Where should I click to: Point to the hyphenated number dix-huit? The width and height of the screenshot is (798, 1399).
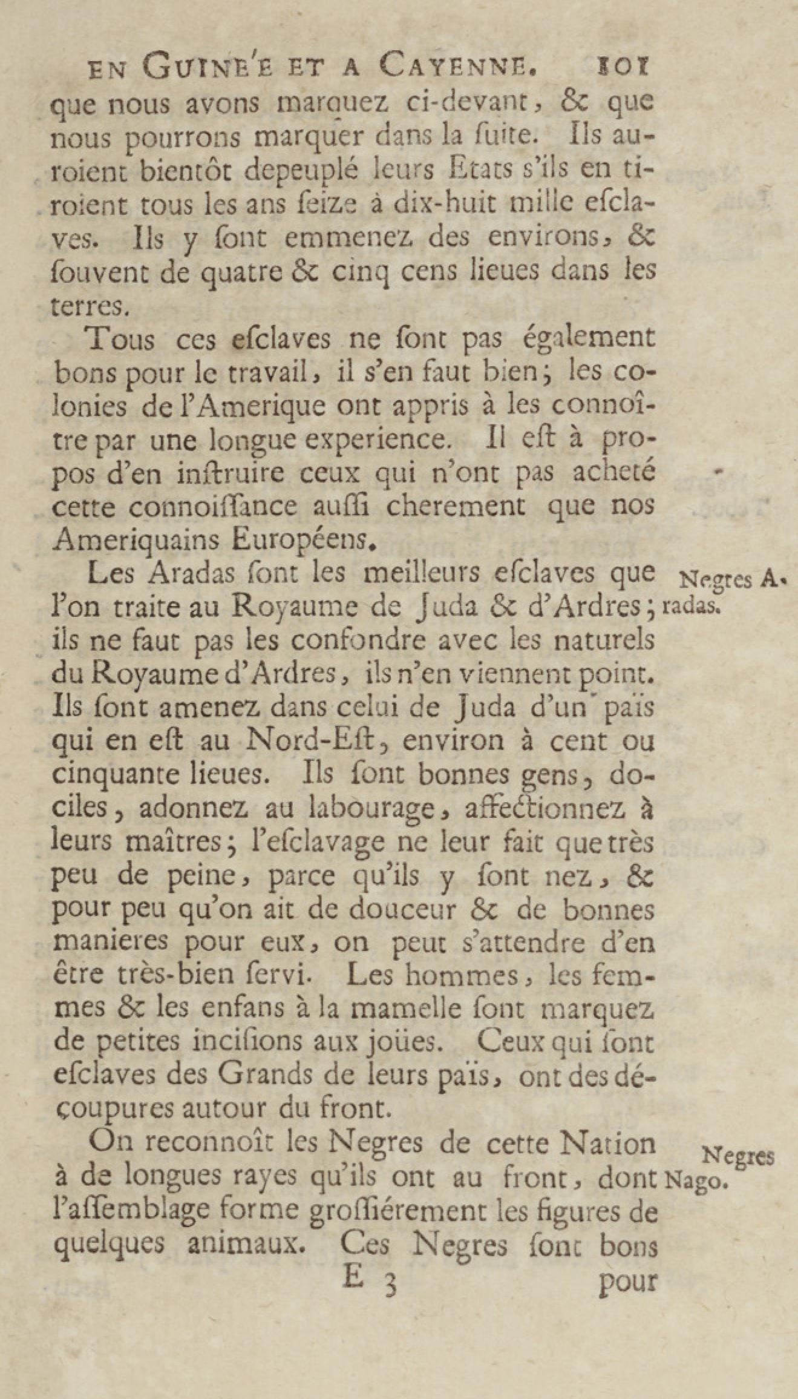(440, 205)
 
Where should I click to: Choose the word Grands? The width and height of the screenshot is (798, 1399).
(266, 1075)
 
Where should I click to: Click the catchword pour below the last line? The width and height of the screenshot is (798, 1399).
(627, 1282)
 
